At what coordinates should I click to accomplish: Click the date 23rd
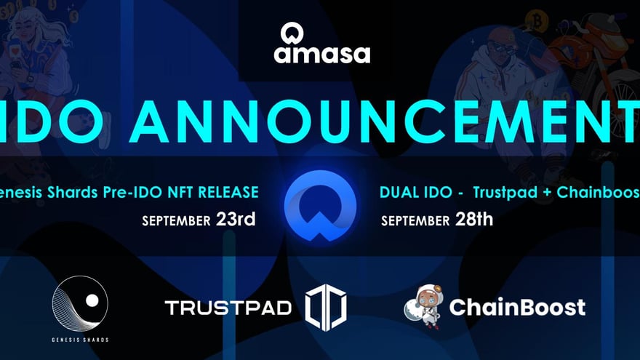click(236, 218)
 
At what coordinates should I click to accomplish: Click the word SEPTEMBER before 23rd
click(177, 220)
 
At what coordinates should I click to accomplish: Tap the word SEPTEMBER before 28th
click(414, 220)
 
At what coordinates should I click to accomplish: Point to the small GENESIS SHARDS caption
click(80, 340)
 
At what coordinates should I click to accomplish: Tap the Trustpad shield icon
click(325, 307)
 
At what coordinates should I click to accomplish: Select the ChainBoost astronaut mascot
click(422, 305)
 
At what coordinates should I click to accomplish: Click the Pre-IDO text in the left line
click(135, 193)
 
